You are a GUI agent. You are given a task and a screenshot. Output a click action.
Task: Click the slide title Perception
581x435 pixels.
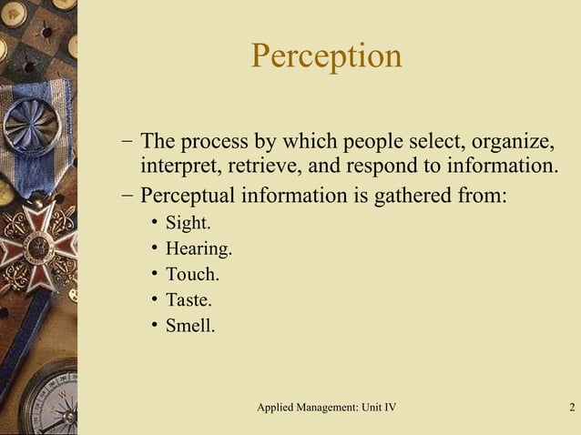(x=326, y=56)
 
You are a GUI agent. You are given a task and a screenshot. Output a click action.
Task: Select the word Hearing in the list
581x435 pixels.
(x=199, y=248)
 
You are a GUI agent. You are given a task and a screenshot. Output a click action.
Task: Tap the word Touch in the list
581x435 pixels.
(x=192, y=274)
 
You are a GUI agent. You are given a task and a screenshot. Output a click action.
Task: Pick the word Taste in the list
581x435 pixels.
(x=189, y=299)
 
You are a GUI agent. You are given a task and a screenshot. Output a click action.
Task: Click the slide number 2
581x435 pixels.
(x=570, y=406)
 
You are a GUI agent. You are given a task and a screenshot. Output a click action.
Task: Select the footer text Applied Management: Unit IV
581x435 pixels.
(x=326, y=406)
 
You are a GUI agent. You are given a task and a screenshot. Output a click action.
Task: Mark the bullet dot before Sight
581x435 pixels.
(x=155, y=223)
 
